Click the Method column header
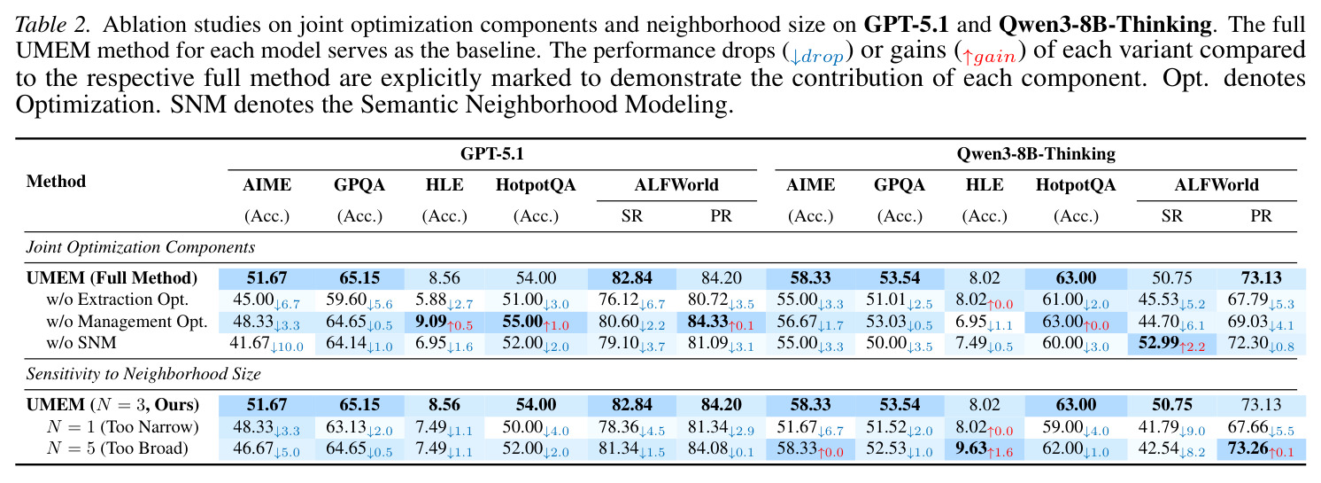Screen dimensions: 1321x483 tap(56, 182)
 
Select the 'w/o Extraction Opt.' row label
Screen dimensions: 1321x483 tap(118, 300)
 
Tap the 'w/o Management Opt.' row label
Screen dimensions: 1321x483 tap(127, 321)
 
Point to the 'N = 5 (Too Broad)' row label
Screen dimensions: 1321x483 tap(118, 448)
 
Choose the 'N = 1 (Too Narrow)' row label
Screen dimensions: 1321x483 tap(123, 426)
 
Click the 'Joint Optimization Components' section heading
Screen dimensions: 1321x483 tap(141, 246)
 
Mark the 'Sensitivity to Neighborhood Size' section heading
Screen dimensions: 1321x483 tap(143, 374)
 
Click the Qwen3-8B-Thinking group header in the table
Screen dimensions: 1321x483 tap(1036, 154)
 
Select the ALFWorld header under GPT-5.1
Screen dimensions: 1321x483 tap(676, 185)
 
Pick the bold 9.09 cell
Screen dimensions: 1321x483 tap(430, 321)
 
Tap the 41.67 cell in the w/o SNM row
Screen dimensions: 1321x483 tap(249, 343)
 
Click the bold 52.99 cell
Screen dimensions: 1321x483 tap(1158, 343)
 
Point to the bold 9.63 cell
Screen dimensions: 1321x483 tap(970, 448)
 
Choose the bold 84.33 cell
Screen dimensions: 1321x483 tap(707, 321)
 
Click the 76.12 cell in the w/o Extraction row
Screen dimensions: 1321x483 tap(618, 300)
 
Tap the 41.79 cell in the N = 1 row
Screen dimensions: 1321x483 tap(1157, 426)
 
